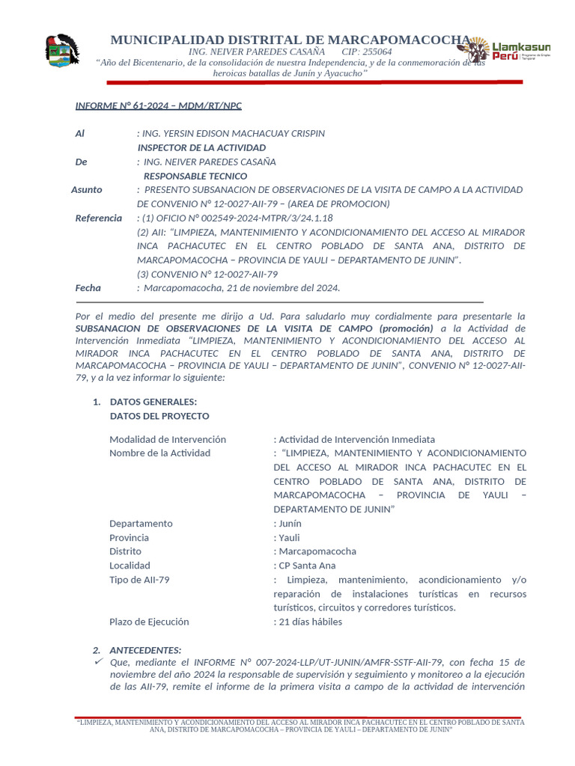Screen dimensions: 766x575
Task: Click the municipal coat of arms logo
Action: coord(62,52)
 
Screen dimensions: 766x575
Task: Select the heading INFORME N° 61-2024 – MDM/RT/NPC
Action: coord(158,105)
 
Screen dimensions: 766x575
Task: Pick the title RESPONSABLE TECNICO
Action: coord(195,176)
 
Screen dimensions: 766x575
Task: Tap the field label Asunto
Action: coord(87,190)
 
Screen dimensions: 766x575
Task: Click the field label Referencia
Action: coord(98,218)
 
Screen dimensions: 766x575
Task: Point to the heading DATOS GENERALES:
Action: coord(153,402)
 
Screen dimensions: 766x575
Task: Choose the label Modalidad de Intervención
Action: coord(168,439)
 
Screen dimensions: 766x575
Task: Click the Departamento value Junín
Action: coord(289,524)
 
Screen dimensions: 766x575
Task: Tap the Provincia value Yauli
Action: coord(289,537)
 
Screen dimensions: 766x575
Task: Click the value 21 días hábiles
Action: coord(310,622)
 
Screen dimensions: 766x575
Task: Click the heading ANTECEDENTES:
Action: coord(145,650)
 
